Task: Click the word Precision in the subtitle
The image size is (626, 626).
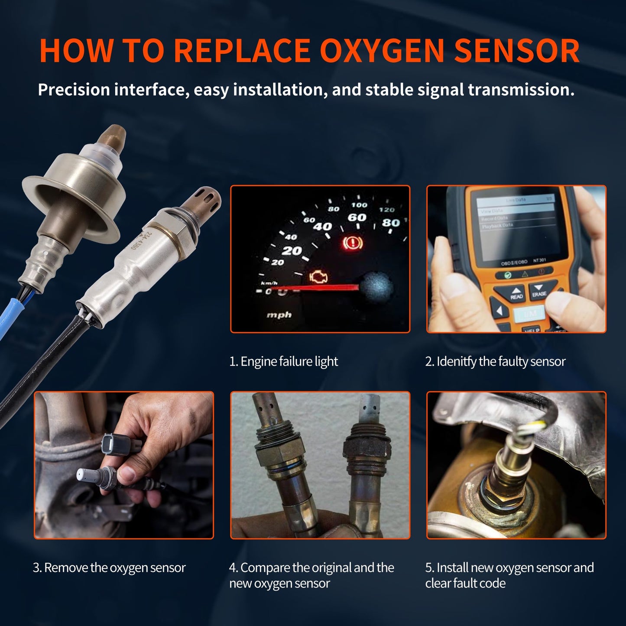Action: click(74, 90)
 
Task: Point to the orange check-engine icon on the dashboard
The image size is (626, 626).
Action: click(318, 277)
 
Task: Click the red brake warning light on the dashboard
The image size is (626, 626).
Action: click(353, 243)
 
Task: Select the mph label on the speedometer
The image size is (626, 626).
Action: click(279, 315)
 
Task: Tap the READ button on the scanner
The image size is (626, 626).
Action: click(516, 294)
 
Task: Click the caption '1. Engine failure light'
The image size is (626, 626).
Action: click(283, 361)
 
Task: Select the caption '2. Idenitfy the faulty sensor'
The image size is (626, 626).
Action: click(495, 361)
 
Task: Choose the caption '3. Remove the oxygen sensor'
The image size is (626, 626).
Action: click(109, 568)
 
